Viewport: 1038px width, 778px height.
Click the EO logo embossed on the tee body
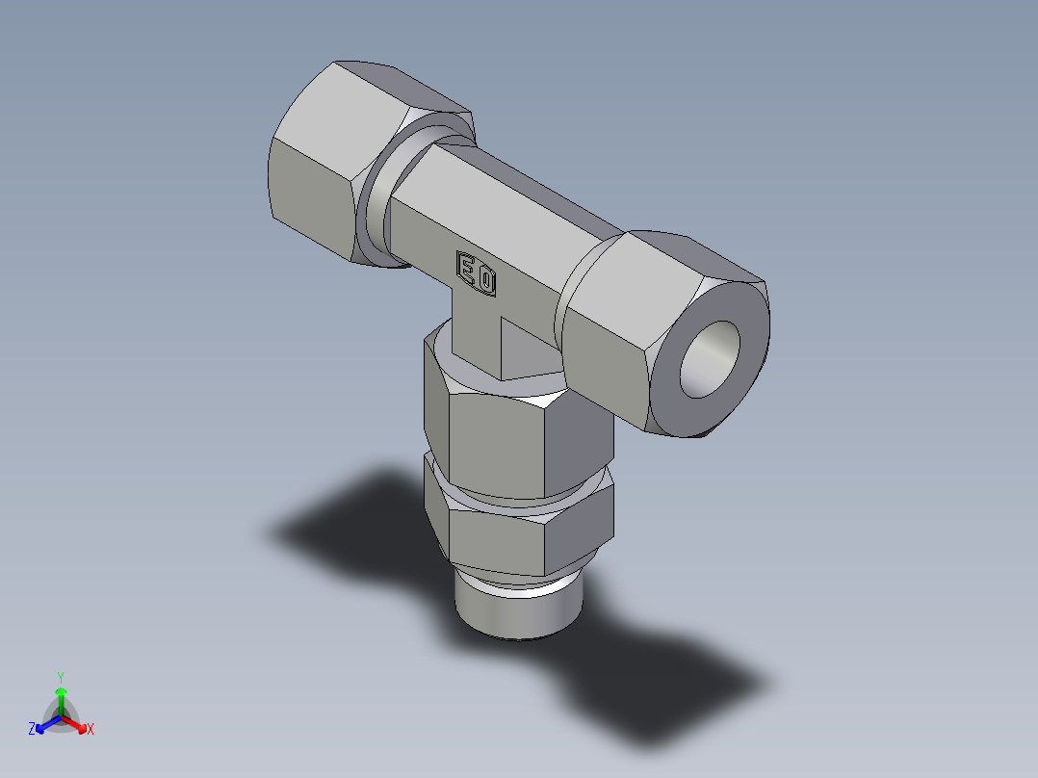click(477, 273)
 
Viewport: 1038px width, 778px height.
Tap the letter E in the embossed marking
click(468, 269)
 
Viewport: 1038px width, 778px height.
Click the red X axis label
click(91, 730)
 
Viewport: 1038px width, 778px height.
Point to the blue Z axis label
click(32, 729)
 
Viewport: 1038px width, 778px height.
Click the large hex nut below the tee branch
click(501, 433)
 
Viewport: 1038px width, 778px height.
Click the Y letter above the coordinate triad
click(60, 676)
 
